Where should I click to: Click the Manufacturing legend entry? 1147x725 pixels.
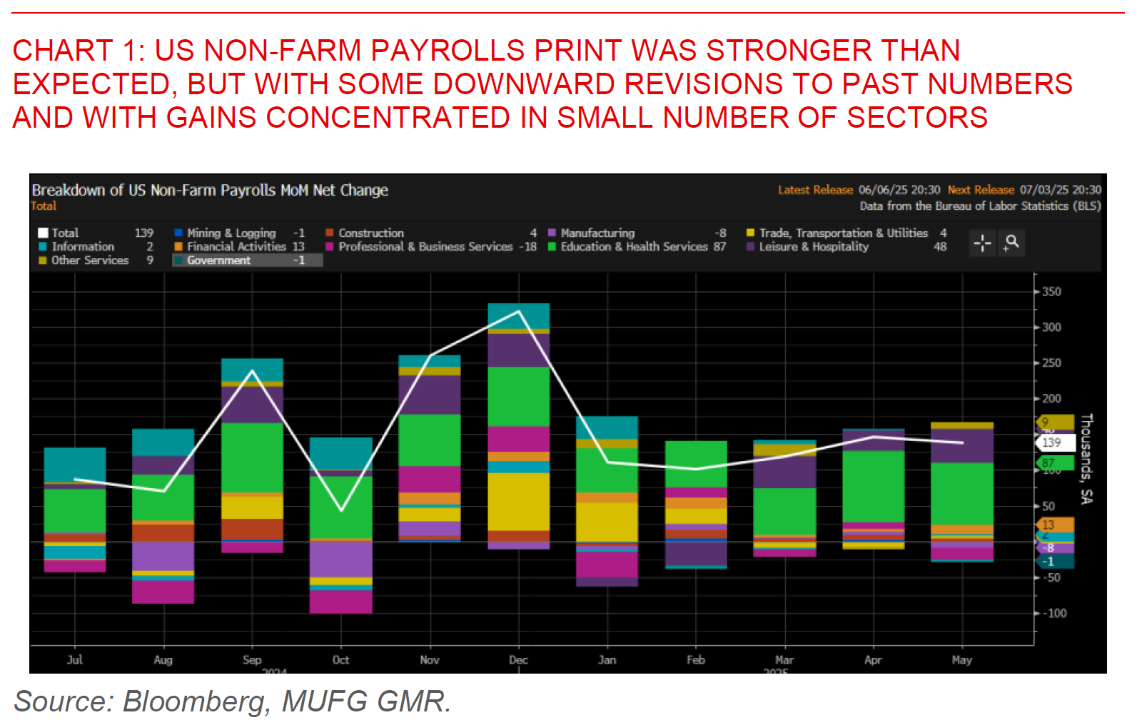597,233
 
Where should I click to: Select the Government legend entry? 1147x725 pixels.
218,260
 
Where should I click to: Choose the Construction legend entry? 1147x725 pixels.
370,233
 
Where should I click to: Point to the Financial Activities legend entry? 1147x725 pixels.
236,247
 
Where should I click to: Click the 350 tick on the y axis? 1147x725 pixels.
1051,292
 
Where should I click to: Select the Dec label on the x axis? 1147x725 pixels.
518,660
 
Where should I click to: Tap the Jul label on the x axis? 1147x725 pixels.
75,660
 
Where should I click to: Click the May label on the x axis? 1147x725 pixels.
961,660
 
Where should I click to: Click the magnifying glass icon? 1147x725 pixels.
1011,243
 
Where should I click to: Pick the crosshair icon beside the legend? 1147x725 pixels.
982,243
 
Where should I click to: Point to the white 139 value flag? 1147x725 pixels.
1054,442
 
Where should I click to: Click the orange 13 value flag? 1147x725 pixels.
1054,525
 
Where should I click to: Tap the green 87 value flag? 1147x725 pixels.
1054,463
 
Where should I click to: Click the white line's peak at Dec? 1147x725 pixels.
519,311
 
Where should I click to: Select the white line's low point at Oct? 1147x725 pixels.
341,509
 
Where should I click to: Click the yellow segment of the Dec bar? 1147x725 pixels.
519,501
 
